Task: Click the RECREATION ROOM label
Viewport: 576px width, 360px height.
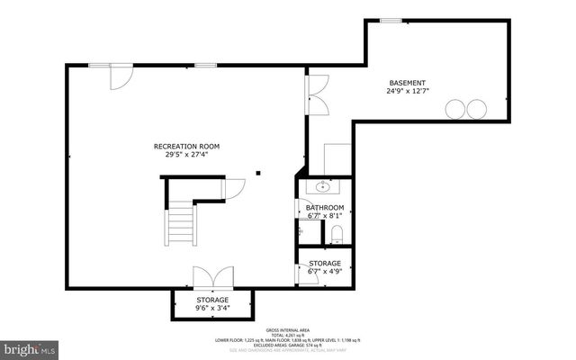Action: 186,146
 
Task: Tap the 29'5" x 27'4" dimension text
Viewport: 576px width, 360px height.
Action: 186,155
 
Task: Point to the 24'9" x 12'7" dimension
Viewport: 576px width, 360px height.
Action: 407,90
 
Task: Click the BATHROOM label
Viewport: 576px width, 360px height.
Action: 325,207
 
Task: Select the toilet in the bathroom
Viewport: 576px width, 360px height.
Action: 337,235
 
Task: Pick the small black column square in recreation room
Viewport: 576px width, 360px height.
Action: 258,173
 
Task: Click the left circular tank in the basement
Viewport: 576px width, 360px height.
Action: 456,109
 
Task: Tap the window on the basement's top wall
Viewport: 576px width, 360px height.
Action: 390,20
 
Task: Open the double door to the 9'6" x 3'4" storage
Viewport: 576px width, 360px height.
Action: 213,277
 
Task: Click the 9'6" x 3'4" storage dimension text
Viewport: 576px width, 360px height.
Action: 213,309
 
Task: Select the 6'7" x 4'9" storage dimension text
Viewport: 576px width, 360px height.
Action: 325,272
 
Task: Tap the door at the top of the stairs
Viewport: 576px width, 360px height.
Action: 234,189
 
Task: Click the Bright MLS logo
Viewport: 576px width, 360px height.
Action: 31,346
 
